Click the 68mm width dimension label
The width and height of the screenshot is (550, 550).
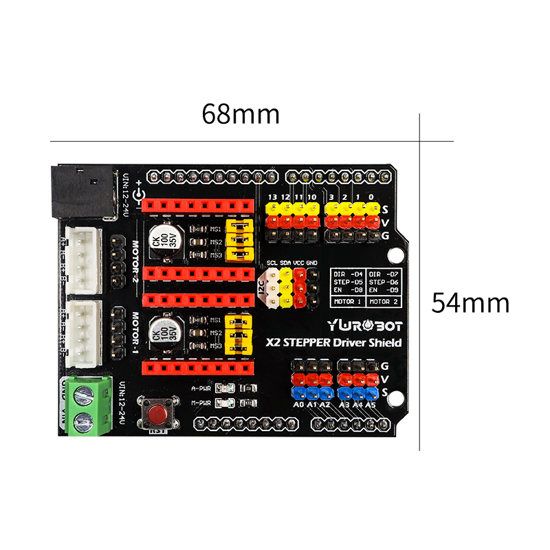(241, 114)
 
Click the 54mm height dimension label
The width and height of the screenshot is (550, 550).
(470, 302)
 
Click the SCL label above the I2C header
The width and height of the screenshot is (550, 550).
(272, 263)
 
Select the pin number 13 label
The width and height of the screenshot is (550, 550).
(273, 197)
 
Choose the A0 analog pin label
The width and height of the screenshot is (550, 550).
(298, 405)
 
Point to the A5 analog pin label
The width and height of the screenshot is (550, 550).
(371, 405)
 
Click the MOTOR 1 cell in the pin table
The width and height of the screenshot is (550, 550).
(349, 301)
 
